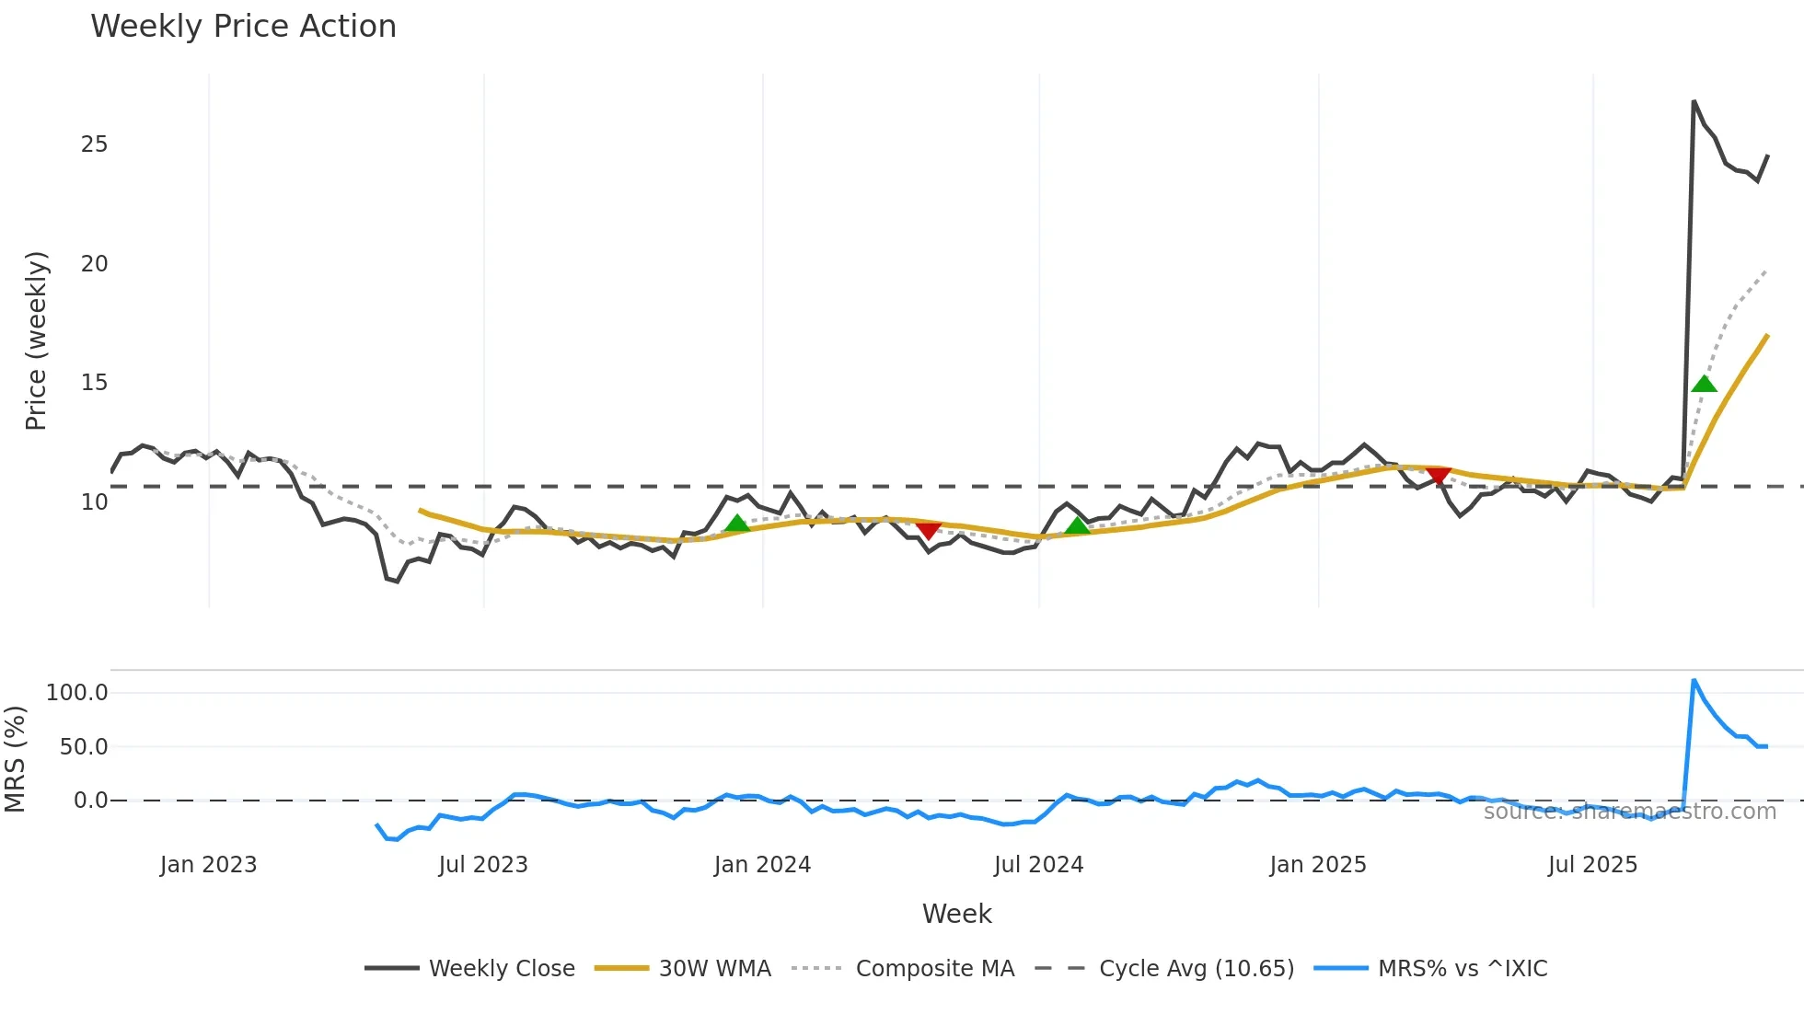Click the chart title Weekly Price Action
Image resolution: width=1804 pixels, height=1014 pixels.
[x=243, y=27]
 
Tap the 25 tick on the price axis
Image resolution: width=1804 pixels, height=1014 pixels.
[x=94, y=144]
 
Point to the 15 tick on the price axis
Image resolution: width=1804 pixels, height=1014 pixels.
[x=94, y=383]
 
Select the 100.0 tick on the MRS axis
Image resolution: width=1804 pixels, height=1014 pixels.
[x=77, y=693]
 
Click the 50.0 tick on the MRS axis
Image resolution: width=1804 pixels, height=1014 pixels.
[x=84, y=747]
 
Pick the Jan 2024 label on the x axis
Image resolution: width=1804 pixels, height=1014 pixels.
[x=762, y=865]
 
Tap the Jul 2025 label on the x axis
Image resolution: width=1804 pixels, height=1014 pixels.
[x=1592, y=865]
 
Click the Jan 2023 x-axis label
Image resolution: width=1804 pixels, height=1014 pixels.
[x=208, y=865]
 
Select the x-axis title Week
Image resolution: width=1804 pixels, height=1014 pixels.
[x=956, y=914]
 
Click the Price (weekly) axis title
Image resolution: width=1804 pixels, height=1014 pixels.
[x=35, y=340]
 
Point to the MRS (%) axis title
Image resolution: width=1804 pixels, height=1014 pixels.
[x=15, y=759]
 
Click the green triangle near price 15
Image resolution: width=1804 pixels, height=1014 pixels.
[x=1704, y=384]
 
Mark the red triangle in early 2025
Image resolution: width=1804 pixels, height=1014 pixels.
[x=1438, y=476]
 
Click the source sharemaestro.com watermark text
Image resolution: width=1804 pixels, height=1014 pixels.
[x=1629, y=812]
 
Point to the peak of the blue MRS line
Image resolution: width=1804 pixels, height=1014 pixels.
[x=1694, y=681]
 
